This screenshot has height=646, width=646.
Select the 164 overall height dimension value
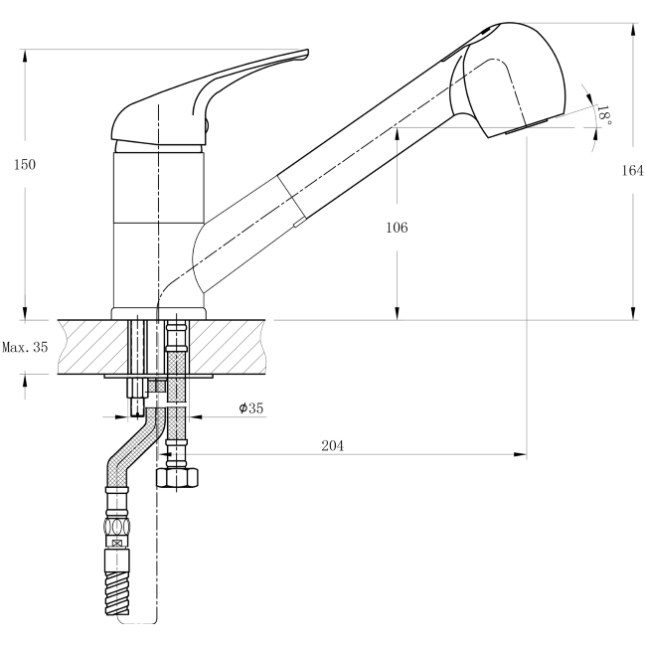coord(632,170)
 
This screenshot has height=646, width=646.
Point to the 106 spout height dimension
coord(397,227)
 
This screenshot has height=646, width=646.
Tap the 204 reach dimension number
coord(332,446)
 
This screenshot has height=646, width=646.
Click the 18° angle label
coord(602,115)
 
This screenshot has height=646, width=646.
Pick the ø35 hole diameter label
coord(250,407)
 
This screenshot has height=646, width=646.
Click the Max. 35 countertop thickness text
coord(25,348)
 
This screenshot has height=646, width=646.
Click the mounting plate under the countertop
coord(158,378)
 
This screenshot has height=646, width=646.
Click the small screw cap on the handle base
coord(208,124)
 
